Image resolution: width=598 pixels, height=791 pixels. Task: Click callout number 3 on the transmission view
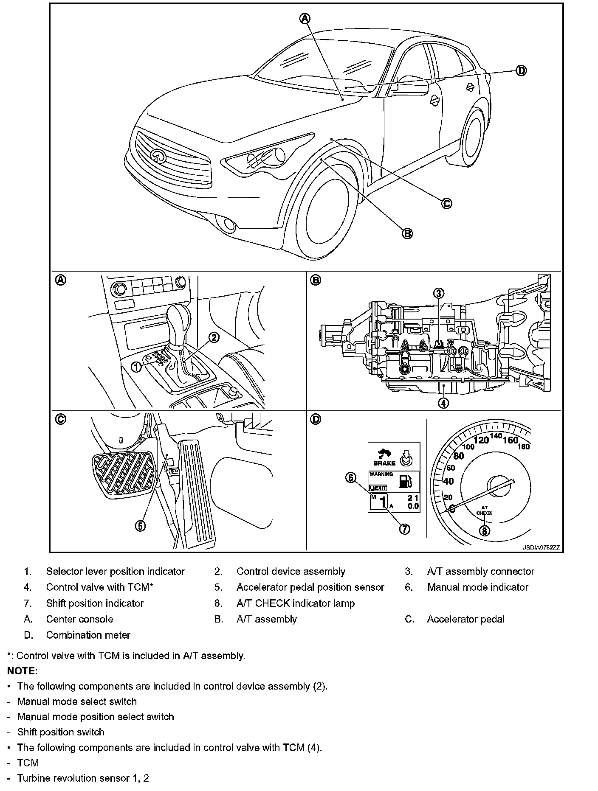(x=438, y=293)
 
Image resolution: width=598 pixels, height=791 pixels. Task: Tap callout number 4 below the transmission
(x=443, y=403)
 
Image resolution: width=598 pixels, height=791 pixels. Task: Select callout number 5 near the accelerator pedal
(x=140, y=526)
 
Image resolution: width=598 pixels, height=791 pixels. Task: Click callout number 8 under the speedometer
(x=484, y=530)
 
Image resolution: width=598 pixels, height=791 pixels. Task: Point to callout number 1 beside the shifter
(x=136, y=367)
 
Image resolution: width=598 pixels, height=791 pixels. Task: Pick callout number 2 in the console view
(x=214, y=337)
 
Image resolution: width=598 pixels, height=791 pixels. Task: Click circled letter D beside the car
(x=521, y=71)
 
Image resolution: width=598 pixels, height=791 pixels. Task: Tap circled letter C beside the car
(x=446, y=204)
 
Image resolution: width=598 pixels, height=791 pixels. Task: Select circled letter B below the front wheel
(x=407, y=233)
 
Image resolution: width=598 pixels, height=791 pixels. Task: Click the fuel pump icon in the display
(x=404, y=482)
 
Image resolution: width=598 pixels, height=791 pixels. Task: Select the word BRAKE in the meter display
(x=384, y=463)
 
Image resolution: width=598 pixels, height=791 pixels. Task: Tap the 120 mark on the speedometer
(x=481, y=440)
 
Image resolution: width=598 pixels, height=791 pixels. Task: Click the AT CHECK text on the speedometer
(x=484, y=510)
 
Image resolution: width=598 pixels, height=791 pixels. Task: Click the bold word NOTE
(x=22, y=671)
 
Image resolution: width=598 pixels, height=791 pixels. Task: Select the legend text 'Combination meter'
(x=88, y=635)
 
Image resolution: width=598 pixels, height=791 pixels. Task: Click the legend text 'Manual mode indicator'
(x=477, y=587)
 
